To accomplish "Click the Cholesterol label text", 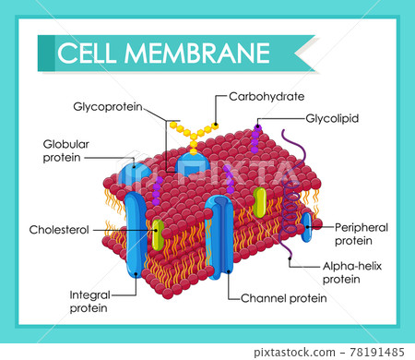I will pyautogui.click(x=58, y=230).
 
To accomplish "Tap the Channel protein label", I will pyautogui.click(x=283, y=297).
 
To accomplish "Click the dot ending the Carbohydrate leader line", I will pyautogui.click(x=216, y=125).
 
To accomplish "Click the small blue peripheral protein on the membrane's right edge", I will pyautogui.click(x=306, y=226).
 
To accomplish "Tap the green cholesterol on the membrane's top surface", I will pyautogui.click(x=260, y=200).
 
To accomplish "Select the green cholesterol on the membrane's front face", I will pyautogui.click(x=159, y=234).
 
